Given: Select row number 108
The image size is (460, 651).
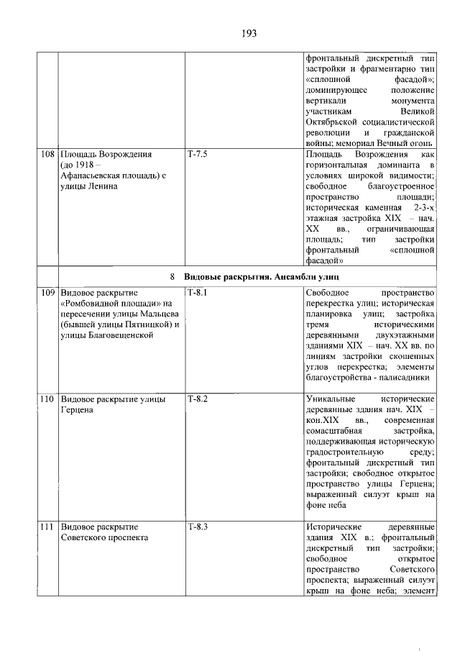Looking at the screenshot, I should point(48,154).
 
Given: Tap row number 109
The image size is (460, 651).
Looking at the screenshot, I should point(48,293).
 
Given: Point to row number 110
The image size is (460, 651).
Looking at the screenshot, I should point(48,399).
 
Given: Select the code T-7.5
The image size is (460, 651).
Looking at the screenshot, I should point(197,154).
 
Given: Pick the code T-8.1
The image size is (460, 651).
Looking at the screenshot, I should point(197,293).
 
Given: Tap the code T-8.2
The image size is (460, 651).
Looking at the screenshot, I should point(197,399).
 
